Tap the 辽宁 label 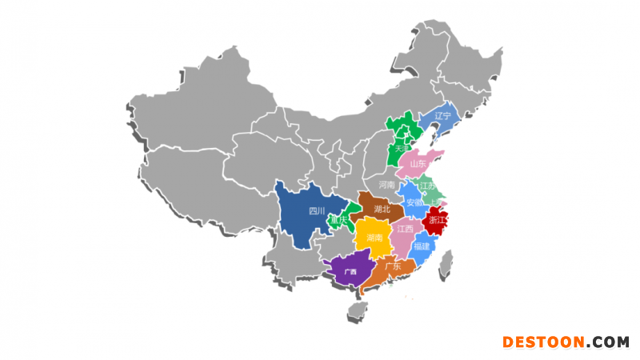tap(442, 116)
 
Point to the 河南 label tap(387, 185)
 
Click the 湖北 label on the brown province tap(382, 210)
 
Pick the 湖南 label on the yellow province tap(374, 238)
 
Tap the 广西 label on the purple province tap(350, 271)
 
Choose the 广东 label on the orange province tap(392, 265)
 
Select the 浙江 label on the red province tap(438, 220)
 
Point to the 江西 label tap(405, 229)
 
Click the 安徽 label tap(414, 202)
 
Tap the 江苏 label tap(427, 186)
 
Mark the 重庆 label tap(341, 220)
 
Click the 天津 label tap(402, 149)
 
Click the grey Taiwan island tap(446, 263)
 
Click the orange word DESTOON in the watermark tap(544, 342)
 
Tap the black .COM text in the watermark tap(607, 342)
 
